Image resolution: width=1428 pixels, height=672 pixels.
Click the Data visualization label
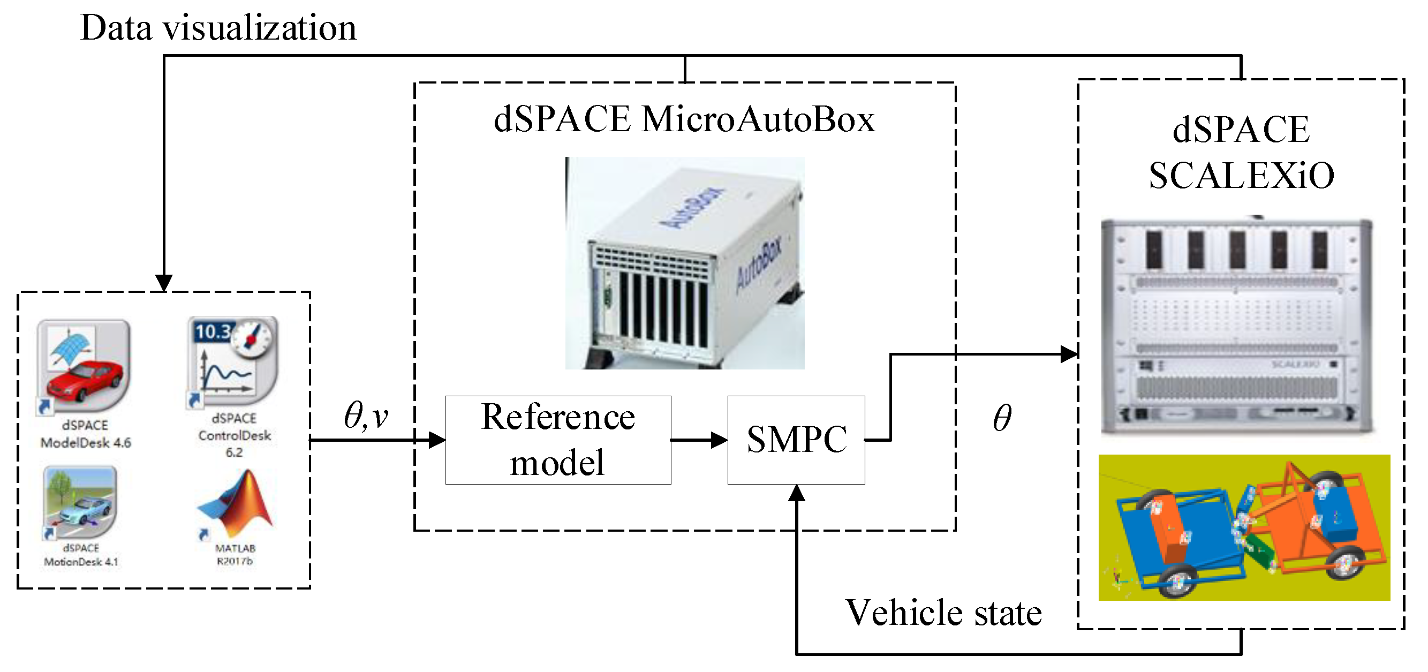point(218,28)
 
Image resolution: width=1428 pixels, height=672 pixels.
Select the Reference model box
point(558,440)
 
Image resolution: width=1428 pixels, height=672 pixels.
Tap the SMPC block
point(796,440)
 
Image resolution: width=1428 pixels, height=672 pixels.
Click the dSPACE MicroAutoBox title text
point(684,119)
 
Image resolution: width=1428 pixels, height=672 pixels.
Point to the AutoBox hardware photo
point(685,263)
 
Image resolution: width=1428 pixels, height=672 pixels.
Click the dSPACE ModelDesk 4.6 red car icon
point(84,366)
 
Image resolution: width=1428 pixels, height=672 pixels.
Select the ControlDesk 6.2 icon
point(233,360)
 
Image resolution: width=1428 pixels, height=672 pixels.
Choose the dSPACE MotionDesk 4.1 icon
point(81,502)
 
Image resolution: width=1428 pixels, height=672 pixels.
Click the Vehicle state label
point(943,613)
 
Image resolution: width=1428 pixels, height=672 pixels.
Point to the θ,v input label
point(366,416)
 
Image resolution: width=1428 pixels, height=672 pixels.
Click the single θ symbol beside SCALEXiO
point(1002,418)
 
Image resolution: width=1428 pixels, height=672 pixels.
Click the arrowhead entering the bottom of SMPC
point(797,493)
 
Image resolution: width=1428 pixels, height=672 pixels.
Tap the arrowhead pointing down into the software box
point(163,282)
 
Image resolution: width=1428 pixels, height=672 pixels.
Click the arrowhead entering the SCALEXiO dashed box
point(1068,354)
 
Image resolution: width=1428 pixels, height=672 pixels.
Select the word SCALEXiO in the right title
point(1241,176)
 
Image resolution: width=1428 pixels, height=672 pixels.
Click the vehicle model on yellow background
point(1244,527)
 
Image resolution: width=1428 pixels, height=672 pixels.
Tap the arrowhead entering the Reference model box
point(437,440)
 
